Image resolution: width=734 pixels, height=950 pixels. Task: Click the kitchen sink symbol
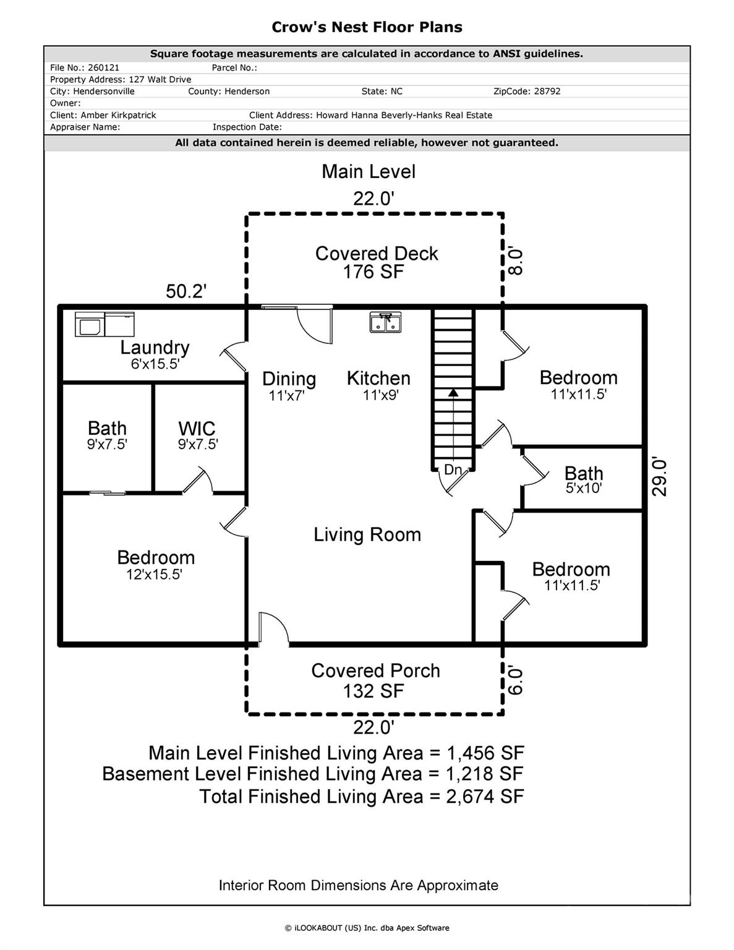point(385,322)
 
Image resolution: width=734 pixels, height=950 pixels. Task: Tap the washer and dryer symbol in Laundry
point(105,324)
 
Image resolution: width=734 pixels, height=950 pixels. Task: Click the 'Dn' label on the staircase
point(453,470)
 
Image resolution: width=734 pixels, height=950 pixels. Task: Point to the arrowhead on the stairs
point(453,392)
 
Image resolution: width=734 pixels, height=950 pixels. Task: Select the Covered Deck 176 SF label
point(376,262)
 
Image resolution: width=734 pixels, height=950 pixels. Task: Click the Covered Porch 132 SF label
point(375,680)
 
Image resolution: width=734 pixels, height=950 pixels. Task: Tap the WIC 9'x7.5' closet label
point(197,435)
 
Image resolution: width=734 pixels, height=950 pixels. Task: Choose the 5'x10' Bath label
point(583,480)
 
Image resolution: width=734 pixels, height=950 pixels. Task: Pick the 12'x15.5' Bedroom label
point(155,565)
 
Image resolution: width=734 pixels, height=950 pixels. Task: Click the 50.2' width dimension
point(186,291)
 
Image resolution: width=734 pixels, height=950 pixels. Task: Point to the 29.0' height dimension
point(660,477)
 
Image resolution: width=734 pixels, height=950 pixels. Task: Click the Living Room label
point(367,534)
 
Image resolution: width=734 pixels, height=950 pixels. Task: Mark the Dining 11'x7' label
point(289,385)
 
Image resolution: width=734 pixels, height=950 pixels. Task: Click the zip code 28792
point(544,91)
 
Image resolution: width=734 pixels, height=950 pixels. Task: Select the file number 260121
point(104,67)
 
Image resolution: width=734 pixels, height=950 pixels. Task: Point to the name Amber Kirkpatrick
point(118,115)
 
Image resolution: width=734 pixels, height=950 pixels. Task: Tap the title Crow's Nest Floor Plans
point(367,27)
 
